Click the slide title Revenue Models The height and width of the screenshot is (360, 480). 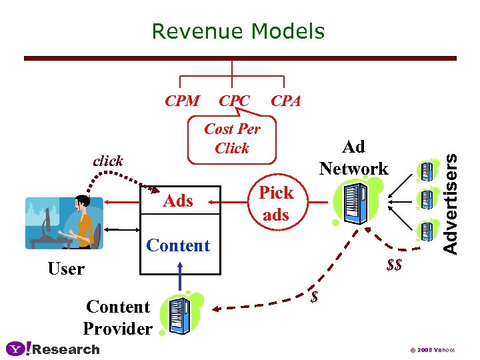(x=238, y=31)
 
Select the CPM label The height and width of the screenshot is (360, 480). (x=182, y=101)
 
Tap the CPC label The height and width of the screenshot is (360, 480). (x=234, y=101)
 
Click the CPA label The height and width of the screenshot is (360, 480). (x=285, y=101)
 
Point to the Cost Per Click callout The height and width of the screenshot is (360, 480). (x=232, y=139)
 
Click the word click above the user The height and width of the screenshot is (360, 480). (x=108, y=161)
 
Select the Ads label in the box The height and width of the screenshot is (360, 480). (x=178, y=201)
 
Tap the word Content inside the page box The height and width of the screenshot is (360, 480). (x=178, y=245)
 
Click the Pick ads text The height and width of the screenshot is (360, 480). (x=276, y=203)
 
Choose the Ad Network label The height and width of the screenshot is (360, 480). (x=353, y=157)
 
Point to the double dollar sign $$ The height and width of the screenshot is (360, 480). (x=394, y=265)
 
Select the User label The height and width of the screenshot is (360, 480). (x=66, y=269)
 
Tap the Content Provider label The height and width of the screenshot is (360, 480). (x=118, y=317)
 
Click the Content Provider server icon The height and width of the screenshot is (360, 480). (x=179, y=313)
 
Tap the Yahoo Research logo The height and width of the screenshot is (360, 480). (x=53, y=349)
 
